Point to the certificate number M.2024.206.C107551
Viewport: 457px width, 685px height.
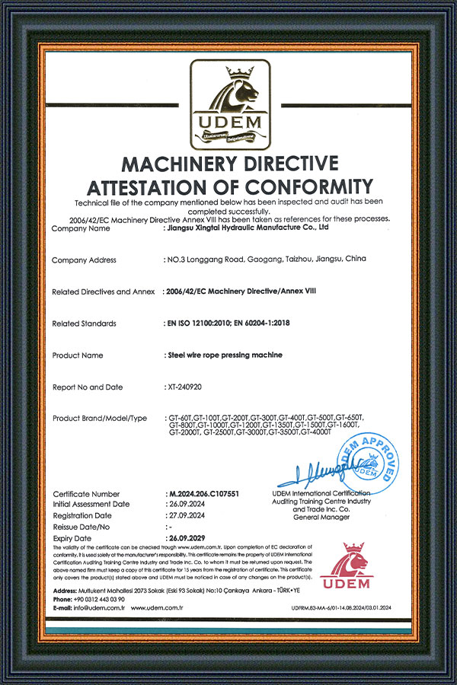pos(203,494)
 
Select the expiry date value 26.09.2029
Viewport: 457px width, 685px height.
pos(187,537)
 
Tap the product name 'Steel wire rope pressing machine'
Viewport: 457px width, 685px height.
pos(224,355)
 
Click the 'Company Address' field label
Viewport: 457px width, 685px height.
pos(84,260)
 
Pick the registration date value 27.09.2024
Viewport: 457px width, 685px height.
pos(187,515)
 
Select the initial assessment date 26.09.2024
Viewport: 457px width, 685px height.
pos(187,504)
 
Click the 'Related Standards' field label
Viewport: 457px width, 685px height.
pos(84,323)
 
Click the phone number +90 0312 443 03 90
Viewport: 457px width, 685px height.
pos(100,599)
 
